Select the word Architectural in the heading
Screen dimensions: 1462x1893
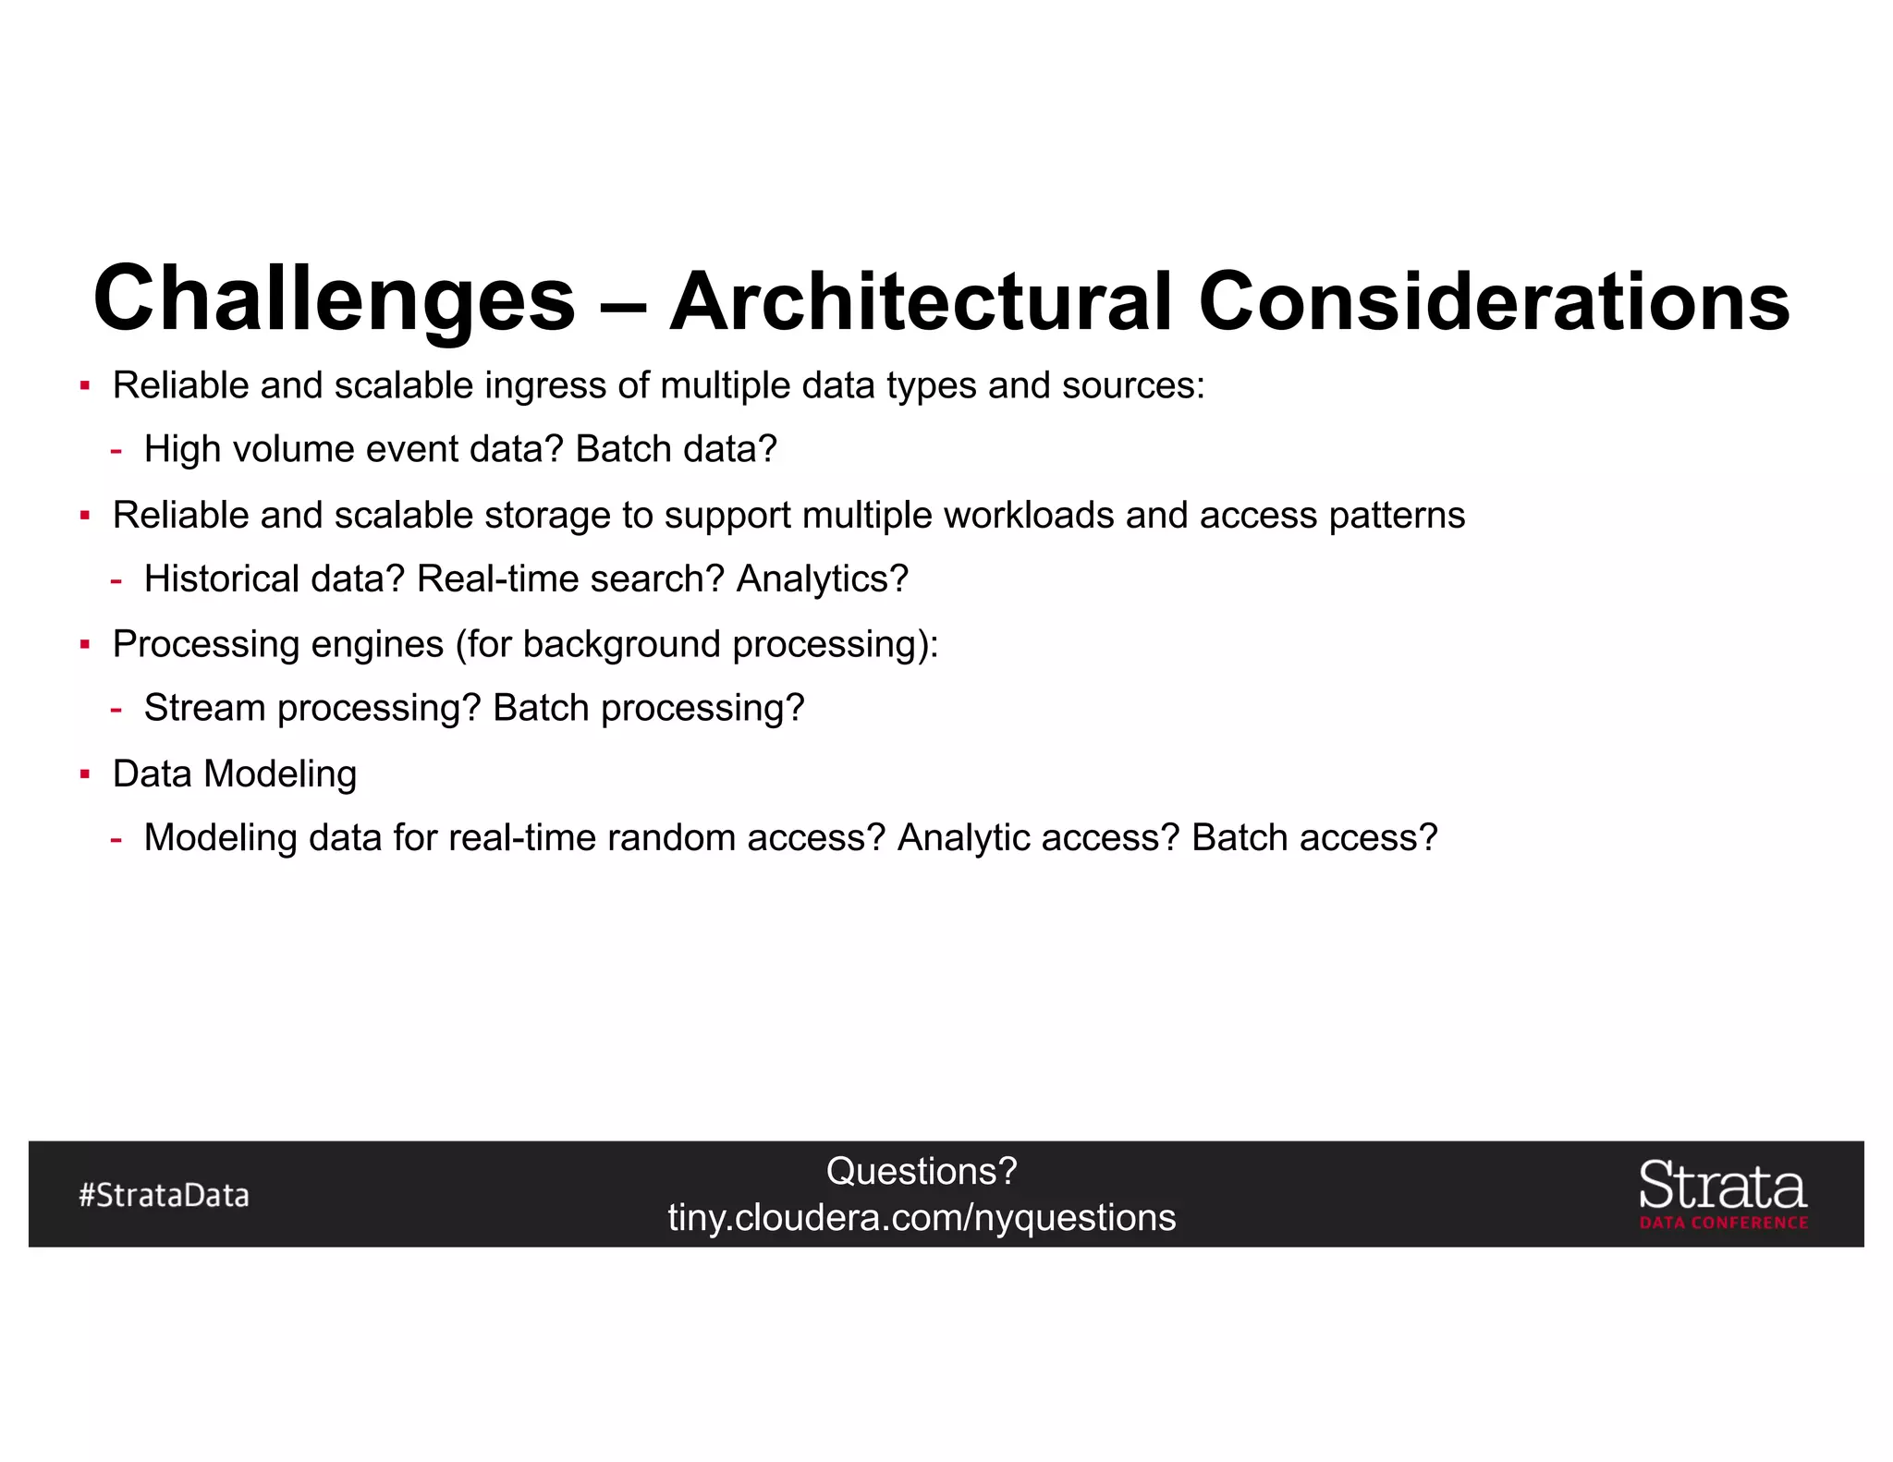pyautogui.click(x=921, y=302)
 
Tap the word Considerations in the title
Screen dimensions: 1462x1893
pyautogui.click(x=1494, y=302)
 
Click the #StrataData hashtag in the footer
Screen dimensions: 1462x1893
pyautogui.click(x=165, y=1195)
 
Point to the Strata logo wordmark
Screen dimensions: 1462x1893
pyautogui.click(x=1722, y=1186)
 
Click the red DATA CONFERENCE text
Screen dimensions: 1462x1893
pyautogui.click(x=1723, y=1223)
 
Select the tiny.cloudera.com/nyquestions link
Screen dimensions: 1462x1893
pyautogui.click(x=922, y=1218)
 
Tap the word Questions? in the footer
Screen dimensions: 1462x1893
pyautogui.click(x=922, y=1172)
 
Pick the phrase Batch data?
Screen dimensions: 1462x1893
pyautogui.click(x=676, y=450)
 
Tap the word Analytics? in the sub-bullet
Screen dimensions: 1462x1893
pyautogui.click(x=822, y=579)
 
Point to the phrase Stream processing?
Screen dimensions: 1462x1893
pyautogui.click(x=312, y=709)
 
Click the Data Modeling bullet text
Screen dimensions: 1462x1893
pyautogui.click(x=235, y=774)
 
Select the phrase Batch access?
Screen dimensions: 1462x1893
pyautogui.click(x=1314, y=838)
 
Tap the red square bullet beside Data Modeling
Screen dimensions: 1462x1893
pyautogui.click(x=85, y=774)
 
